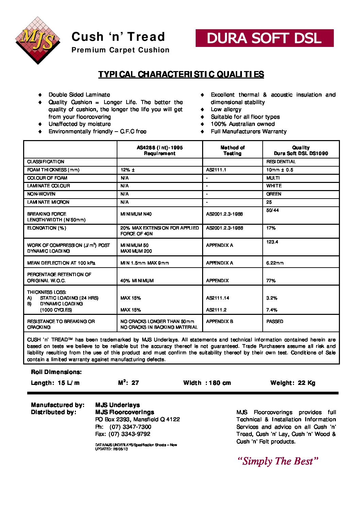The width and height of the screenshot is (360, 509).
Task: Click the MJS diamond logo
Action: [37, 40]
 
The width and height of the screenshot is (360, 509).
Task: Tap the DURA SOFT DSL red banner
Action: [264, 38]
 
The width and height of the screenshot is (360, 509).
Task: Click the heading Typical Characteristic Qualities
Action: [181, 74]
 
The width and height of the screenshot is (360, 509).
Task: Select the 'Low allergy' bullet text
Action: [226, 109]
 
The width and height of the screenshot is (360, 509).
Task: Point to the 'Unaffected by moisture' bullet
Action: [79, 124]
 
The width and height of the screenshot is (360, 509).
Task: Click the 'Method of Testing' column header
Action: [232, 150]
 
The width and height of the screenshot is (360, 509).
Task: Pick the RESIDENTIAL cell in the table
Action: [281, 162]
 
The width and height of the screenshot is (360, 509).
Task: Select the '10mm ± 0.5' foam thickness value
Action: [279, 170]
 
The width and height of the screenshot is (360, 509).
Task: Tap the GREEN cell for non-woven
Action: [274, 194]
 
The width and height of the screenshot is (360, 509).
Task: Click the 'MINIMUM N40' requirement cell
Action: [136, 214]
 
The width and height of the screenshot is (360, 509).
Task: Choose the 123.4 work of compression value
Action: [272, 242]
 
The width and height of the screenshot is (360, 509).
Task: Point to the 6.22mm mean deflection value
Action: [275, 263]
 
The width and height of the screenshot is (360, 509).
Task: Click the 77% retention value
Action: [271, 281]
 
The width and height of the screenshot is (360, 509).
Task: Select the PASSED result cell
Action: [275, 322]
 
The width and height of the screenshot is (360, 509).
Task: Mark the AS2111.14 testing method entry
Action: [217, 298]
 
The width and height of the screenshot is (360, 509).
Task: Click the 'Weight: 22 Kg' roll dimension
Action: [293, 383]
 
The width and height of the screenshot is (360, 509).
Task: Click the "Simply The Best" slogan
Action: [278, 461]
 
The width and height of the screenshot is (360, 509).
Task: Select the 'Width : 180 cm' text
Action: [207, 383]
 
